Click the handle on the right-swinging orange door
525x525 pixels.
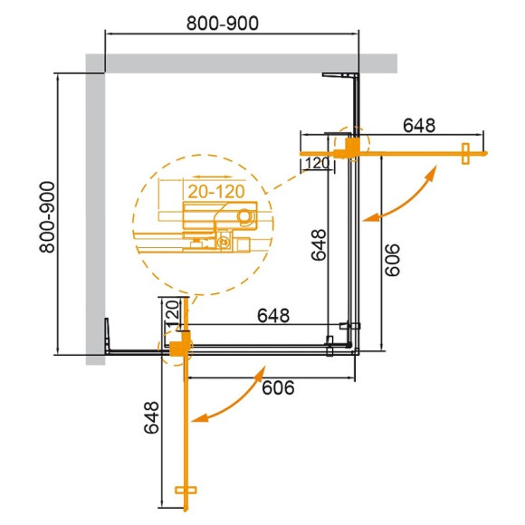tap(465, 154)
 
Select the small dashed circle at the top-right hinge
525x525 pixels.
tap(351, 143)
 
